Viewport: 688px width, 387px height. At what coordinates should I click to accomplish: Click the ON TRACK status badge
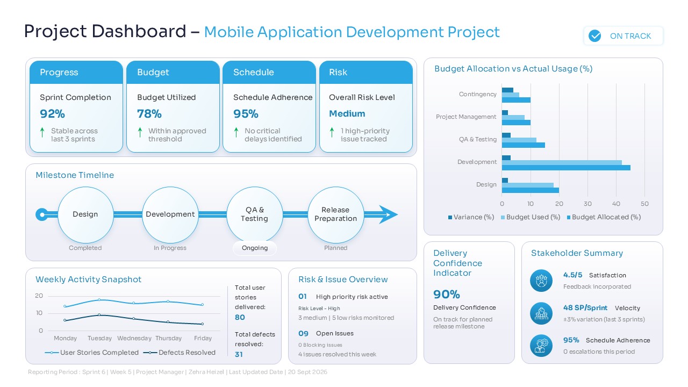[x=623, y=36]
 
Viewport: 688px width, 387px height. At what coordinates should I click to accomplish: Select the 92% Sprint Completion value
[x=52, y=114]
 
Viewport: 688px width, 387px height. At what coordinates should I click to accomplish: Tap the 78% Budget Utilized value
[x=149, y=114]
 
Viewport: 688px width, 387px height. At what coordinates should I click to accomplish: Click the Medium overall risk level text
[x=347, y=114]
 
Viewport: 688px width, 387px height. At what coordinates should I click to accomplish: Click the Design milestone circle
[x=85, y=214]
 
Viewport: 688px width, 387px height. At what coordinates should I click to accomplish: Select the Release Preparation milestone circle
[x=335, y=214]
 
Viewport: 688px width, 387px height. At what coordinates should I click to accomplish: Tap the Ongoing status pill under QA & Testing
[x=255, y=248]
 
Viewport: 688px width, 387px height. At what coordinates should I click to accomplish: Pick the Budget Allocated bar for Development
[x=566, y=168]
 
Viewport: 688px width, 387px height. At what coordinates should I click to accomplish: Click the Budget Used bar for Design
[x=527, y=185]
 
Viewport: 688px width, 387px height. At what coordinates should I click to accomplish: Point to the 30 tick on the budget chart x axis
[x=587, y=204]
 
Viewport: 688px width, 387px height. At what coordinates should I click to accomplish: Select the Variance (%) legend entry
[x=471, y=217]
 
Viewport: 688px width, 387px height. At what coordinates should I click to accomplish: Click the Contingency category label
[x=477, y=94]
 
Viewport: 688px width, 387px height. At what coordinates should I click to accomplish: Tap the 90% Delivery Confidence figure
[x=447, y=295]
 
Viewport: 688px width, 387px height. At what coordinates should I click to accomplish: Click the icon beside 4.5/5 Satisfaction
[x=541, y=281]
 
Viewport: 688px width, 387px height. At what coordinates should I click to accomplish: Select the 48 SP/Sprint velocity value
[x=585, y=308]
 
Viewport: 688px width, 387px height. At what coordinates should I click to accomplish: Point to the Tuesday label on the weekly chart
[x=99, y=338]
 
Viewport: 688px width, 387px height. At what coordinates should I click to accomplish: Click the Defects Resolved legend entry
[x=180, y=353]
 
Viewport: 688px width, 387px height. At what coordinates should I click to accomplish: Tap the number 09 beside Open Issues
[x=303, y=333]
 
